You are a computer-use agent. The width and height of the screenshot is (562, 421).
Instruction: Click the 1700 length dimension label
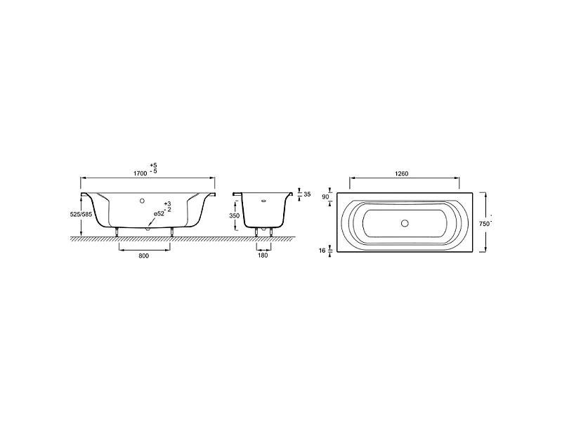140,173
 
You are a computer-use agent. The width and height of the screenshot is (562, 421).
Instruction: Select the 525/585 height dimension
81,215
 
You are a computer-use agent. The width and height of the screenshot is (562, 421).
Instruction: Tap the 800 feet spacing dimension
143,255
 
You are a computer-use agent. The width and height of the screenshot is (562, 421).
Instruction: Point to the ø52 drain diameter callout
159,214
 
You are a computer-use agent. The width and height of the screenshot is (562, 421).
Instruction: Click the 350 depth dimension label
235,216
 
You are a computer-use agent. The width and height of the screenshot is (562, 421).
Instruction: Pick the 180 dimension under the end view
263,255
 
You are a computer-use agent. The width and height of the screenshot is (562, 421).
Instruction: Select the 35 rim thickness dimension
307,194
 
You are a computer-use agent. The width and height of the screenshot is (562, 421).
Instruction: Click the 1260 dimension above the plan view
402,174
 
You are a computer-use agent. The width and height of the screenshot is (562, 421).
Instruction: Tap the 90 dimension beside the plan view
325,196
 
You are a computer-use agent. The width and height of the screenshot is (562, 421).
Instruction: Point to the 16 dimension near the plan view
322,250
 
